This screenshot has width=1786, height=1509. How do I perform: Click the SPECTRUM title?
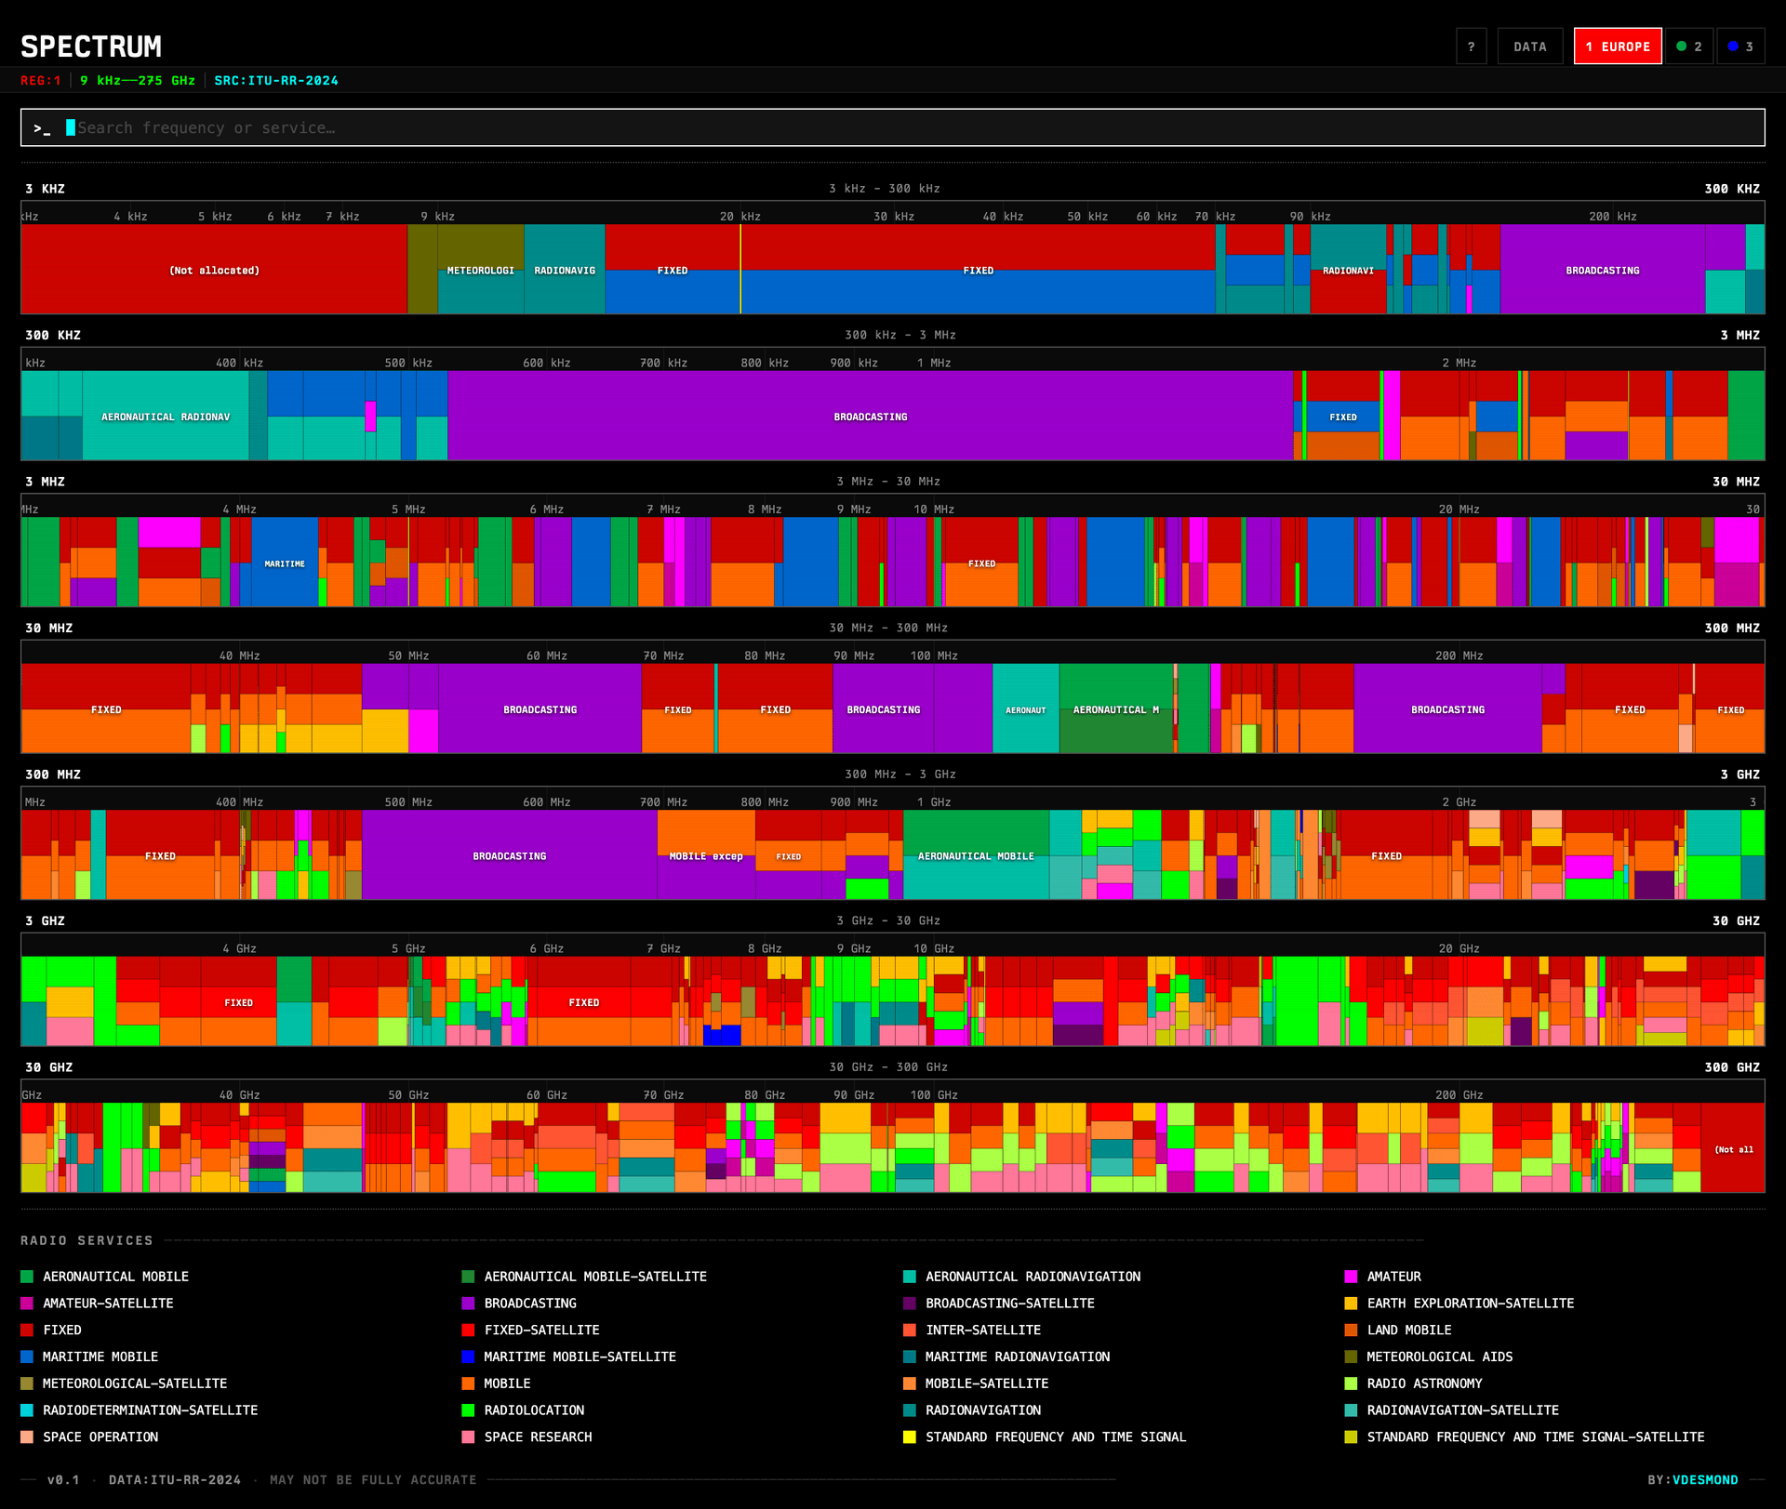pos(91,46)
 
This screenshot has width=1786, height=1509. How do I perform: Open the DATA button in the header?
pos(1529,46)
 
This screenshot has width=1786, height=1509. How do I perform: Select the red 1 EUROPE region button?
pos(1617,46)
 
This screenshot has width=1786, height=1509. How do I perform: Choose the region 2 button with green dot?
pos(1688,46)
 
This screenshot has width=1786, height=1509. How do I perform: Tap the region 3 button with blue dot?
pos(1739,46)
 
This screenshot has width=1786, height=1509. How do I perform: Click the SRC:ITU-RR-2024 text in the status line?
pos(276,81)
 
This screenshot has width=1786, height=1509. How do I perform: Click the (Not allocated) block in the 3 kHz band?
pos(214,271)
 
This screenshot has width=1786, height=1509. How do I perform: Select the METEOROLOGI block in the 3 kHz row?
pos(480,271)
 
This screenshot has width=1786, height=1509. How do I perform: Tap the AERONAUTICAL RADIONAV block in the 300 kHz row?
pos(166,417)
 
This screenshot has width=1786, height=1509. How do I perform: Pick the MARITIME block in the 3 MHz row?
pos(285,563)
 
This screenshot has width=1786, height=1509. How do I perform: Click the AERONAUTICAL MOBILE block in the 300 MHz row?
pos(976,856)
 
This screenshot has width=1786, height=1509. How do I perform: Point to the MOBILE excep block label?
pos(706,856)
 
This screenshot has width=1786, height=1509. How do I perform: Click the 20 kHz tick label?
pos(740,217)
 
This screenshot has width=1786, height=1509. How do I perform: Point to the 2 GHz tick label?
pos(1459,802)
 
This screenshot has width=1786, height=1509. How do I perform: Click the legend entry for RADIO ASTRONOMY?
pos(1423,1383)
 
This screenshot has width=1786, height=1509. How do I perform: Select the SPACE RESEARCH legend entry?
pos(537,1436)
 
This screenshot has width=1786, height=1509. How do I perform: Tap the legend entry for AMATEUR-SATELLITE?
pos(107,1304)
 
